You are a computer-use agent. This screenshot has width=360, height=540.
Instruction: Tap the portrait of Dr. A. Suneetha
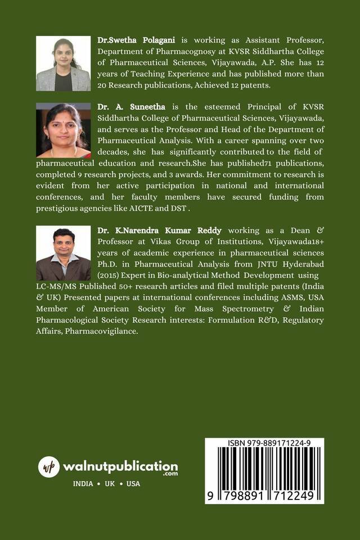tap(63, 130)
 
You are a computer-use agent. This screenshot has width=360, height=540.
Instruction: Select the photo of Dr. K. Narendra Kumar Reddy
tap(63, 253)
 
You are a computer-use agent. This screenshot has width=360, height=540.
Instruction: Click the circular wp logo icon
tap(49, 467)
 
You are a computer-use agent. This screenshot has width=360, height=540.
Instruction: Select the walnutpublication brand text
tap(120, 466)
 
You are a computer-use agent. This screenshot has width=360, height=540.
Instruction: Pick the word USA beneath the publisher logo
tap(133, 484)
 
